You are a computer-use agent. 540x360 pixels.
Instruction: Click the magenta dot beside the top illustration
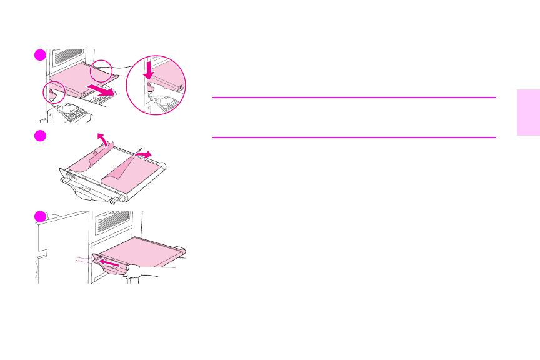(40, 55)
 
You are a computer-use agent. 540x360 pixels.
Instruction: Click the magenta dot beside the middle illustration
(40, 136)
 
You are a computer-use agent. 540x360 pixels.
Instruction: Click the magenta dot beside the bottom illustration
(40, 216)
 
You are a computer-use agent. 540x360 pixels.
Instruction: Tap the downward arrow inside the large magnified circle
(149, 69)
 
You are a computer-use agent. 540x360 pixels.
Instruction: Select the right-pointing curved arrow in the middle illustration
(145, 154)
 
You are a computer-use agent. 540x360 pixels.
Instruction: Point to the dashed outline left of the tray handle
(82, 258)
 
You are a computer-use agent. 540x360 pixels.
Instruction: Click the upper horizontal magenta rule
(354, 97)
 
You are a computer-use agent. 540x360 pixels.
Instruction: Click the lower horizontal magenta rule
(354, 137)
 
